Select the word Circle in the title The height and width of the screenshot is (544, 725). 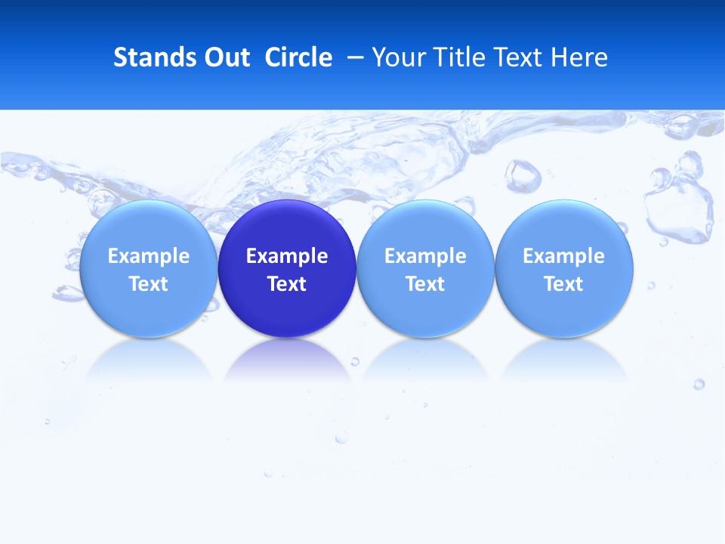point(298,57)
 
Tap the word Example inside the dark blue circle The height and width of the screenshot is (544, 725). point(287,256)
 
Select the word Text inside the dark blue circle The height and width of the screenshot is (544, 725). point(287,284)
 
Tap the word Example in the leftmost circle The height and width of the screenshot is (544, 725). point(149,256)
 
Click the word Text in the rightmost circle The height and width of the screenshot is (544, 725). point(564,284)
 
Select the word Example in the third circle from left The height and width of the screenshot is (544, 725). point(425,256)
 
